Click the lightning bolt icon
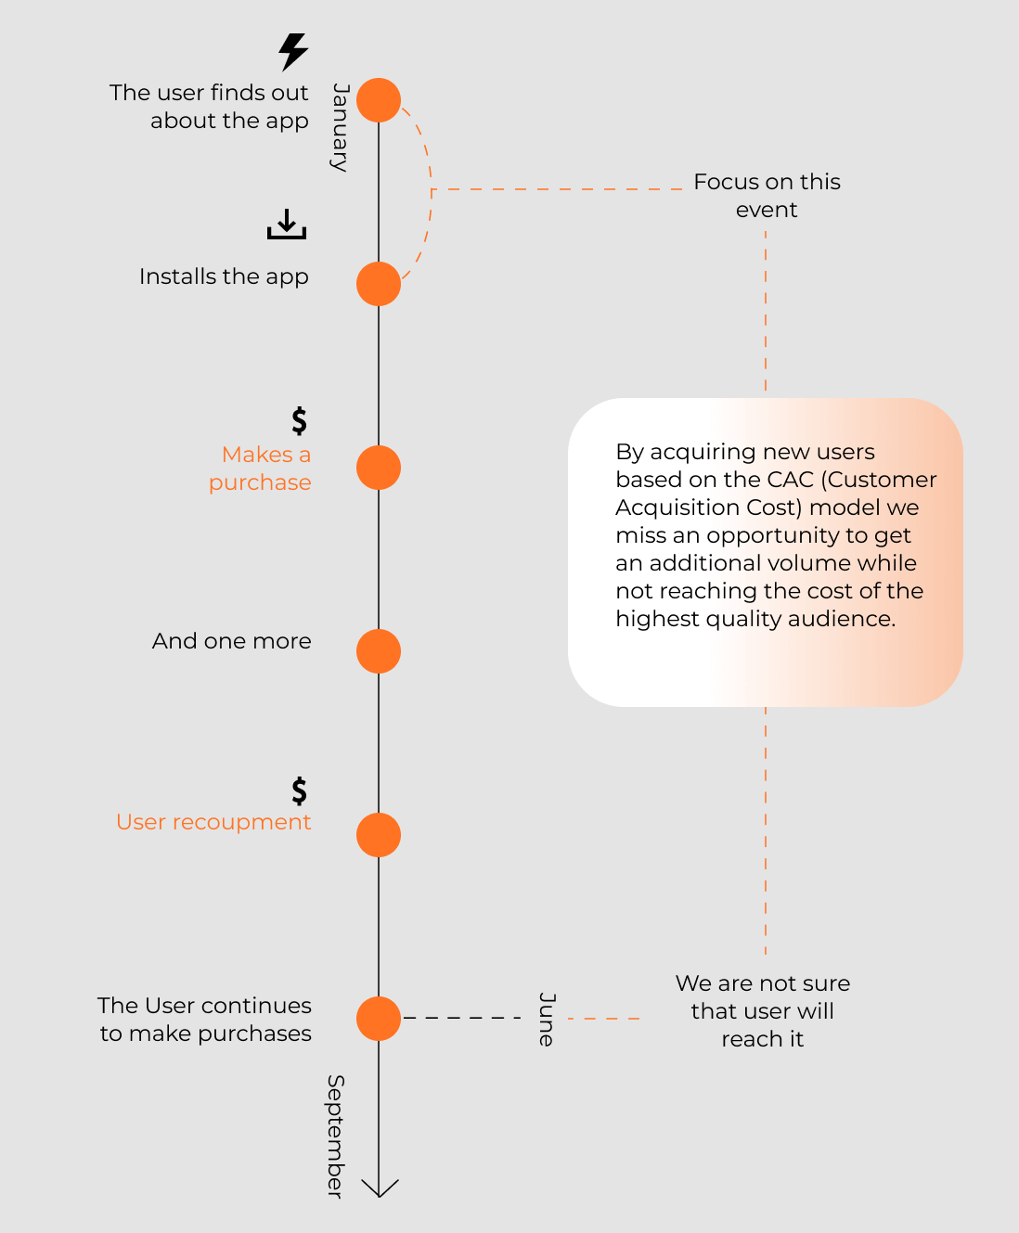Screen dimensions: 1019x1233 (293, 52)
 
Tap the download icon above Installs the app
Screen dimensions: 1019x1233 (287, 224)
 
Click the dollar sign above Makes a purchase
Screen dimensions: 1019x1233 (300, 421)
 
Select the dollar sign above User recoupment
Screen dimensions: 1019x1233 (300, 791)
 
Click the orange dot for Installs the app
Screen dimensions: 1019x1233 (379, 284)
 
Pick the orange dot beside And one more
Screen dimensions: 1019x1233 (379, 651)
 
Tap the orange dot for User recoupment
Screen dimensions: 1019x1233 (379, 835)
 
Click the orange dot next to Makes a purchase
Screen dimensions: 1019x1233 (379, 468)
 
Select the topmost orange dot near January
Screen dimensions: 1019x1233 (379, 100)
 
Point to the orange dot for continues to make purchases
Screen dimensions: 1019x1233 (379, 1019)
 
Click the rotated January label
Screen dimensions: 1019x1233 (341, 127)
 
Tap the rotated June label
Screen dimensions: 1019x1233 (547, 1020)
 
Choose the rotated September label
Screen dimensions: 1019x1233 (336, 1137)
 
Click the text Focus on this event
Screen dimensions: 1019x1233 (767, 196)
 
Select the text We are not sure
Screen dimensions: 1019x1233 (763, 983)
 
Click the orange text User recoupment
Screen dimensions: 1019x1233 (213, 822)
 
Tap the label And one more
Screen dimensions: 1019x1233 (232, 641)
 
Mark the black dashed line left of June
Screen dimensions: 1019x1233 (462, 1018)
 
